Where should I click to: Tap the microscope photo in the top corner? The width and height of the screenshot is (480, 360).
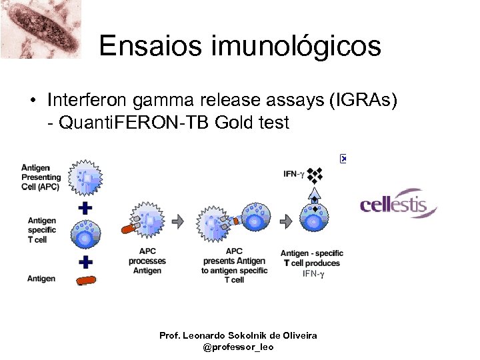click(40, 29)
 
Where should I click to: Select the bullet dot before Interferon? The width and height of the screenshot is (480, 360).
click(31, 101)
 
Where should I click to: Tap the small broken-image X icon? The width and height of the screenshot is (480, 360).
click(344, 159)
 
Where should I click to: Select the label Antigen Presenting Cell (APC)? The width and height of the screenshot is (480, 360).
click(41, 177)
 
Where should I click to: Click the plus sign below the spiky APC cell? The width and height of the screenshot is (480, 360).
click(85, 208)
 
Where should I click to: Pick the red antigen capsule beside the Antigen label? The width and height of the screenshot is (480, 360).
click(85, 279)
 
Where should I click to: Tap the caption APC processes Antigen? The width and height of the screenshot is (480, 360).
click(147, 261)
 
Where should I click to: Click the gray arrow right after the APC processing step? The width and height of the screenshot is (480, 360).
click(179, 221)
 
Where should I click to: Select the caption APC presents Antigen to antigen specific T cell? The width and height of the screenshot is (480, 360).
click(234, 265)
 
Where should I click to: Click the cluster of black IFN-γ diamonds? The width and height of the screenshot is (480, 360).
click(315, 175)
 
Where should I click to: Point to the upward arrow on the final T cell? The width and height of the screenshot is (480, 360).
click(315, 195)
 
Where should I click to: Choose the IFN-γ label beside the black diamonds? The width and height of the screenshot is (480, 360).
click(293, 174)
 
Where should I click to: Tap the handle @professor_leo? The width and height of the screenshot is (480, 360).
click(238, 347)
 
